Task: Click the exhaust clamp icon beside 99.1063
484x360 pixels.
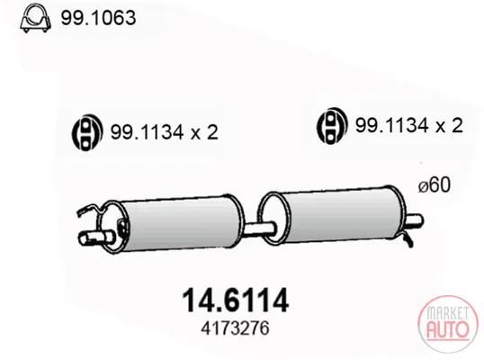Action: pyautogui.click(x=35, y=18)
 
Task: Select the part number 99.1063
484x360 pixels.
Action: pyautogui.click(x=98, y=18)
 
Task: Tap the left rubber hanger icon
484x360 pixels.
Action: pyautogui.click(x=87, y=132)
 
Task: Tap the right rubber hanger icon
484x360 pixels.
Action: pyautogui.click(x=332, y=126)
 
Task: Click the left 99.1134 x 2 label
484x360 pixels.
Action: pyautogui.click(x=165, y=132)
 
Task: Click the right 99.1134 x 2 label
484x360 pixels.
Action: pyautogui.click(x=409, y=126)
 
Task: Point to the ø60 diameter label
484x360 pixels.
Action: pyautogui.click(x=435, y=184)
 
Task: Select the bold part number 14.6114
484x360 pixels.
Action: pyautogui.click(x=236, y=300)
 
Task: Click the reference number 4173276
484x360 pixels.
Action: pyautogui.click(x=235, y=328)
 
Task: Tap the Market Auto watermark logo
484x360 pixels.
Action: pyautogui.click(x=448, y=324)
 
